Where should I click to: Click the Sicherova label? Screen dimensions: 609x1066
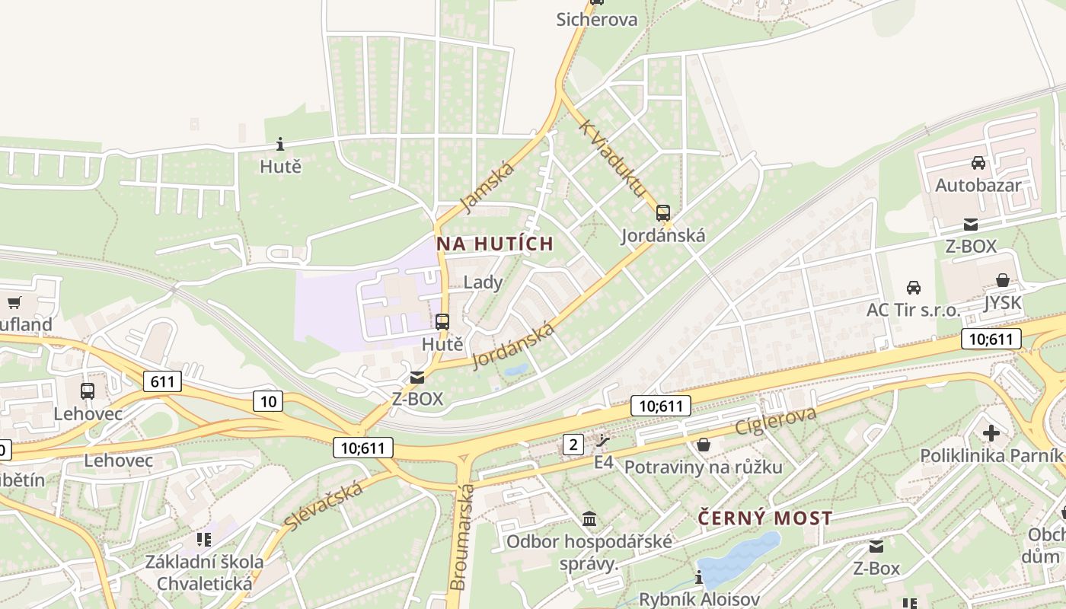(596, 19)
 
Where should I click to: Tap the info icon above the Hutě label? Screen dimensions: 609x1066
(280, 144)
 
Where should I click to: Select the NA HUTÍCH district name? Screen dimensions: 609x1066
(494, 244)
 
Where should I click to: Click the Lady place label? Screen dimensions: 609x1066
(483, 282)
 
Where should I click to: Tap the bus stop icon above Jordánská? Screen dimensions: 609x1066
(663, 213)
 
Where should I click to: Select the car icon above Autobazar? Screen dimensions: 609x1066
(978, 162)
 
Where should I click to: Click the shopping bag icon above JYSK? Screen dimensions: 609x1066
(1003, 280)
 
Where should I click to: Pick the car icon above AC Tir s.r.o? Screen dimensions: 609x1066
(914, 287)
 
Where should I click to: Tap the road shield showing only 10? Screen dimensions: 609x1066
(270, 400)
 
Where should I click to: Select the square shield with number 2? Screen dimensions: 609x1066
(573, 444)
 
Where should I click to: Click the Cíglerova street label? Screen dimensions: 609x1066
(775, 421)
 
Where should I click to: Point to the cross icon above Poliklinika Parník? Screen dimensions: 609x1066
(991, 433)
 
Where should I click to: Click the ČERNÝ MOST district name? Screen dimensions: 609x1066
(765, 518)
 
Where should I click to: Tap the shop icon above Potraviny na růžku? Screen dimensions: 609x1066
(704, 444)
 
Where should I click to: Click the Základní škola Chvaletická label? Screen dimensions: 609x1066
(204, 572)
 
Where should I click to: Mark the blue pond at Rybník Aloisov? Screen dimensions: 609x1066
(739, 560)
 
